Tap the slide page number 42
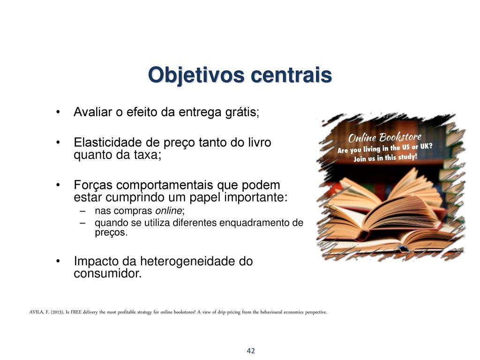pos(251,351)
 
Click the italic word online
pos(169,210)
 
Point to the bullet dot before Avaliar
pos(58,112)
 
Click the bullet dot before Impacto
pos(58,261)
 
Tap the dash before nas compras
pos(82,211)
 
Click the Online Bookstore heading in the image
pos(385,137)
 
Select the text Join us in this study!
pos(385,158)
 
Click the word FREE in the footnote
pos(76,313)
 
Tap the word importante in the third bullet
pos(255,198)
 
